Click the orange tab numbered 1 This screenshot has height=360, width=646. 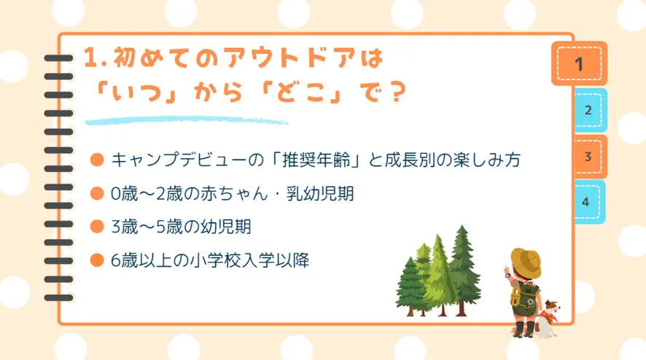(579, 63)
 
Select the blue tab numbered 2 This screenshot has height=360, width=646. (590, 110)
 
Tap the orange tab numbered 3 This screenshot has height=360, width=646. (590, 157)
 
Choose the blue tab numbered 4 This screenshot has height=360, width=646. (589, 202)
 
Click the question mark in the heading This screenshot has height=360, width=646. (397, 92)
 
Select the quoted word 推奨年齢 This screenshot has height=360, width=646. (316, 160)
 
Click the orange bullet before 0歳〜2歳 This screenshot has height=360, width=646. (97, 193)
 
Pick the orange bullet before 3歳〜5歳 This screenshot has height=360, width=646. (97, 227)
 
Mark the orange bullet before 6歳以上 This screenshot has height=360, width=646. (97, 260)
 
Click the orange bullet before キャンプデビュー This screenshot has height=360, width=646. (97, 160)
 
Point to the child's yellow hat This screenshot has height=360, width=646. (526, 262)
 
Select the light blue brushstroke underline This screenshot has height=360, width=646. (186, 121)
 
